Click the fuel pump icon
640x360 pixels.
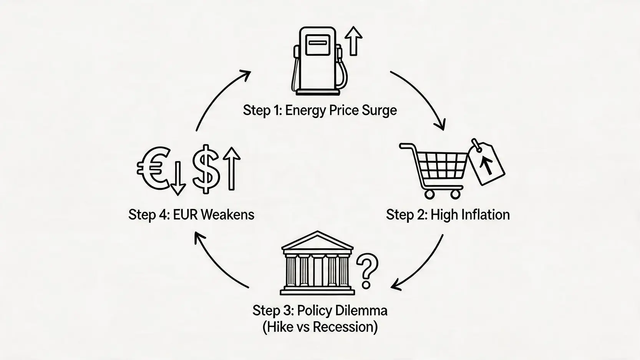(x=320, y=61)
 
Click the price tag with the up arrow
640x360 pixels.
(x=487, y=163)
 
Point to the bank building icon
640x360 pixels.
(x=317, y=263)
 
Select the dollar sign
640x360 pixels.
(x=206, y=169)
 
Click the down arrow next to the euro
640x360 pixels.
(x=178, y=178)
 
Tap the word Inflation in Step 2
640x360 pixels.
(x=486, y=214)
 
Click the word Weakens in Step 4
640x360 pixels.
(x=228, y=214)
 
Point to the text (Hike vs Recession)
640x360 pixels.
(x=320, y=327)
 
